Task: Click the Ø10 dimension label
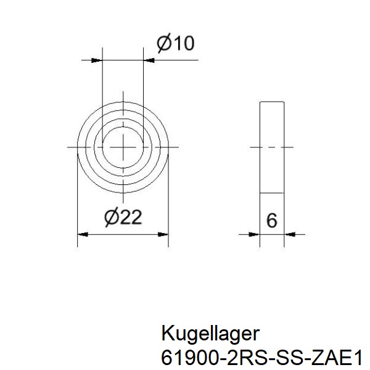point(176,43)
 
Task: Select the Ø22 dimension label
point(124,217)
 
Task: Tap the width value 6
point(272,220)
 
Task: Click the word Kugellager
point(210,334)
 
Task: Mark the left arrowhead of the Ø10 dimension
point(96,60)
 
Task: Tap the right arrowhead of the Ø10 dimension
point(149,60)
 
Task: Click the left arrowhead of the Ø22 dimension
point(83,234)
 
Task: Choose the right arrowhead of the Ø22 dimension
point(163,234)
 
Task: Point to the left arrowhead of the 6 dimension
point(253,234)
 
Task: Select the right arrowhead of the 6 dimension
point(291,234)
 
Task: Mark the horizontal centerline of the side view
point(272,147)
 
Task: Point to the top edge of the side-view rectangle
point(272,101)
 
